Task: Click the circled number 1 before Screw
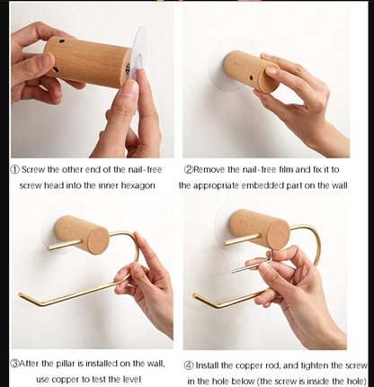(x=14, y=168)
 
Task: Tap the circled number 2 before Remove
(x=189, y=168)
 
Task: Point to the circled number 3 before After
(x=14, y=364)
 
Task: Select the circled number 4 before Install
(x=189, y=364)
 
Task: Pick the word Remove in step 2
(x=212, y=168)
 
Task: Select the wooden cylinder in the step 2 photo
(x=253, y=71)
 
